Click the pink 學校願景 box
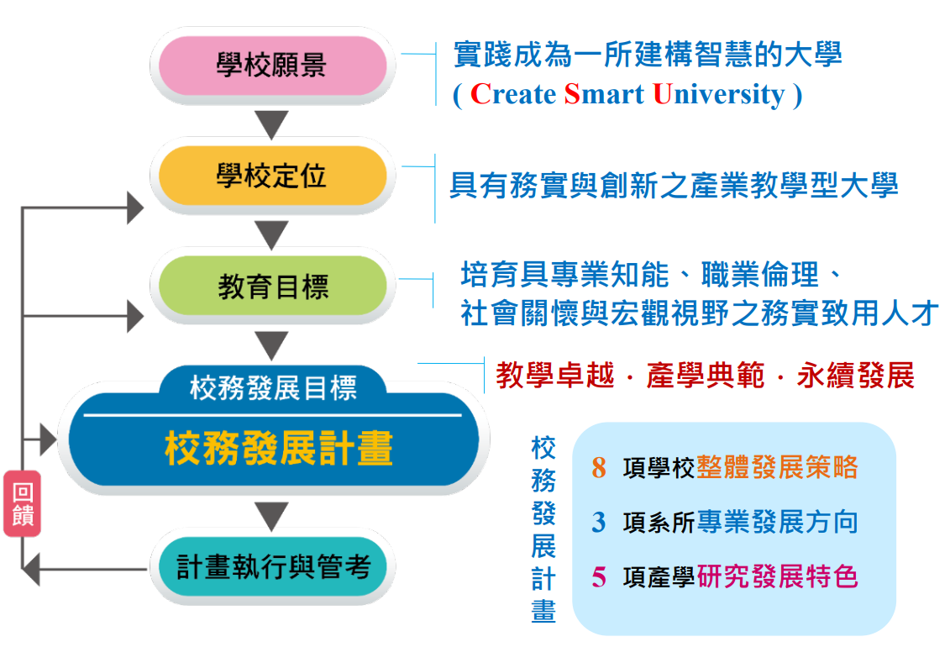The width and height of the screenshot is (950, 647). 273,66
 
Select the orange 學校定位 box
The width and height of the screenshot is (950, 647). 273,176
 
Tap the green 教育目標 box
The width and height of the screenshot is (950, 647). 273,286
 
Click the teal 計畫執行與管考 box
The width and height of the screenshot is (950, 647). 273,567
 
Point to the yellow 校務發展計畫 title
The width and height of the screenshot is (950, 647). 279,449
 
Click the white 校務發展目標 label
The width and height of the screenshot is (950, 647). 273,387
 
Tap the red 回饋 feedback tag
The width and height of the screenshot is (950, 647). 23,503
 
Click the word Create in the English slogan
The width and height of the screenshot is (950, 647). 513,94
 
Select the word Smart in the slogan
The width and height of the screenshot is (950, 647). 604,94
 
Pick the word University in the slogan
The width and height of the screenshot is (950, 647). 718,95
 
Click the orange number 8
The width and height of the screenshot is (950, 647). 599,468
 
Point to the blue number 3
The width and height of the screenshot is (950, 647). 599,522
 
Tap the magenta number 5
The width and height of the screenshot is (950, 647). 599,576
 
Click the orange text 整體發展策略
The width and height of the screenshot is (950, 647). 777,467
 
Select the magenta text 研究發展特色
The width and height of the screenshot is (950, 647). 777,576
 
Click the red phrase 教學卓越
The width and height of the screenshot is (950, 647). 555,375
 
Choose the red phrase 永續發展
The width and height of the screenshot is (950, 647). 855,375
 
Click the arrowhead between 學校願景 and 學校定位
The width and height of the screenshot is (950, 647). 271,124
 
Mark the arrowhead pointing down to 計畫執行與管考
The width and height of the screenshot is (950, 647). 271,517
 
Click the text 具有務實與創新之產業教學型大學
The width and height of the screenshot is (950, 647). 674,185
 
